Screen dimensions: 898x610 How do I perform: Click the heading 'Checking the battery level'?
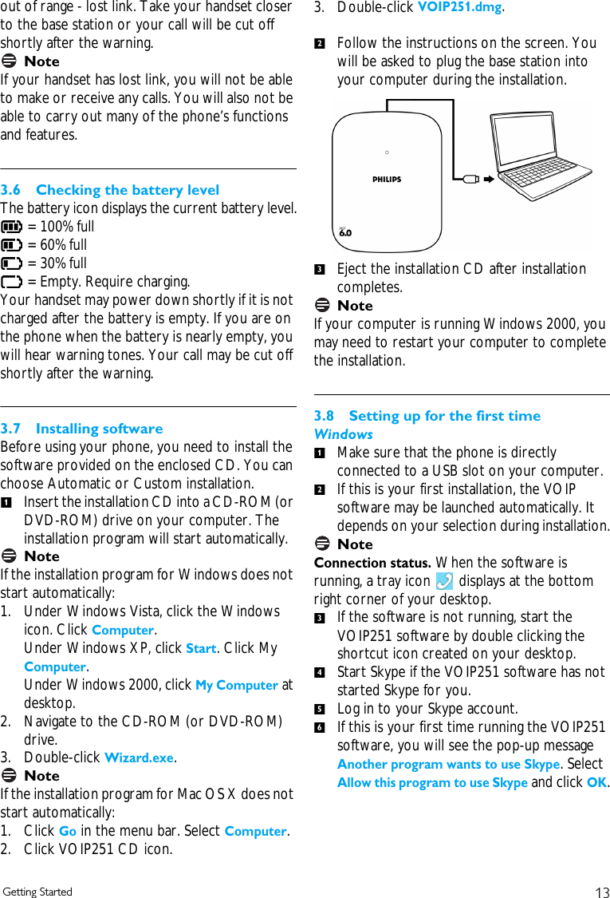coord(128,190)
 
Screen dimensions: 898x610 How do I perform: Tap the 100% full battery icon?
coord(12,227)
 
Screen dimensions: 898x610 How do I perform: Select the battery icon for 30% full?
coord(12,263)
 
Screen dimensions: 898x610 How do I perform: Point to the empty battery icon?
coord(12,282)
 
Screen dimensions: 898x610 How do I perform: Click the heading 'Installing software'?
coord(99,429)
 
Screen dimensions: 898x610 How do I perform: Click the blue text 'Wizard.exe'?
coord(139,758)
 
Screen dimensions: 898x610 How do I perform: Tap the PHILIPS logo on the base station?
coord(387,180)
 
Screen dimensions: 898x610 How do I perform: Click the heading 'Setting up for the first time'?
coord(444,416)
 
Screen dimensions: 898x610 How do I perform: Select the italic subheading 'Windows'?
coord(343,434)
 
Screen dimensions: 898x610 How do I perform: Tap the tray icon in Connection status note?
coord(445,582)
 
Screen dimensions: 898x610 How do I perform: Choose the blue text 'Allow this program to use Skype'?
coord(432,783)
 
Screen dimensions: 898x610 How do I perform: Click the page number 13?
coord(602,892)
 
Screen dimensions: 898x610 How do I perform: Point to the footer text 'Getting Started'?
coord(37,892)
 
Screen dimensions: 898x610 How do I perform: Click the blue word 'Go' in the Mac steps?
coord(68,831)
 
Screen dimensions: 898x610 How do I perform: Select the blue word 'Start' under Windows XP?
coord(201,648)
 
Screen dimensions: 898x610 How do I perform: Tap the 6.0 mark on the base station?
coord(345,233)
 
